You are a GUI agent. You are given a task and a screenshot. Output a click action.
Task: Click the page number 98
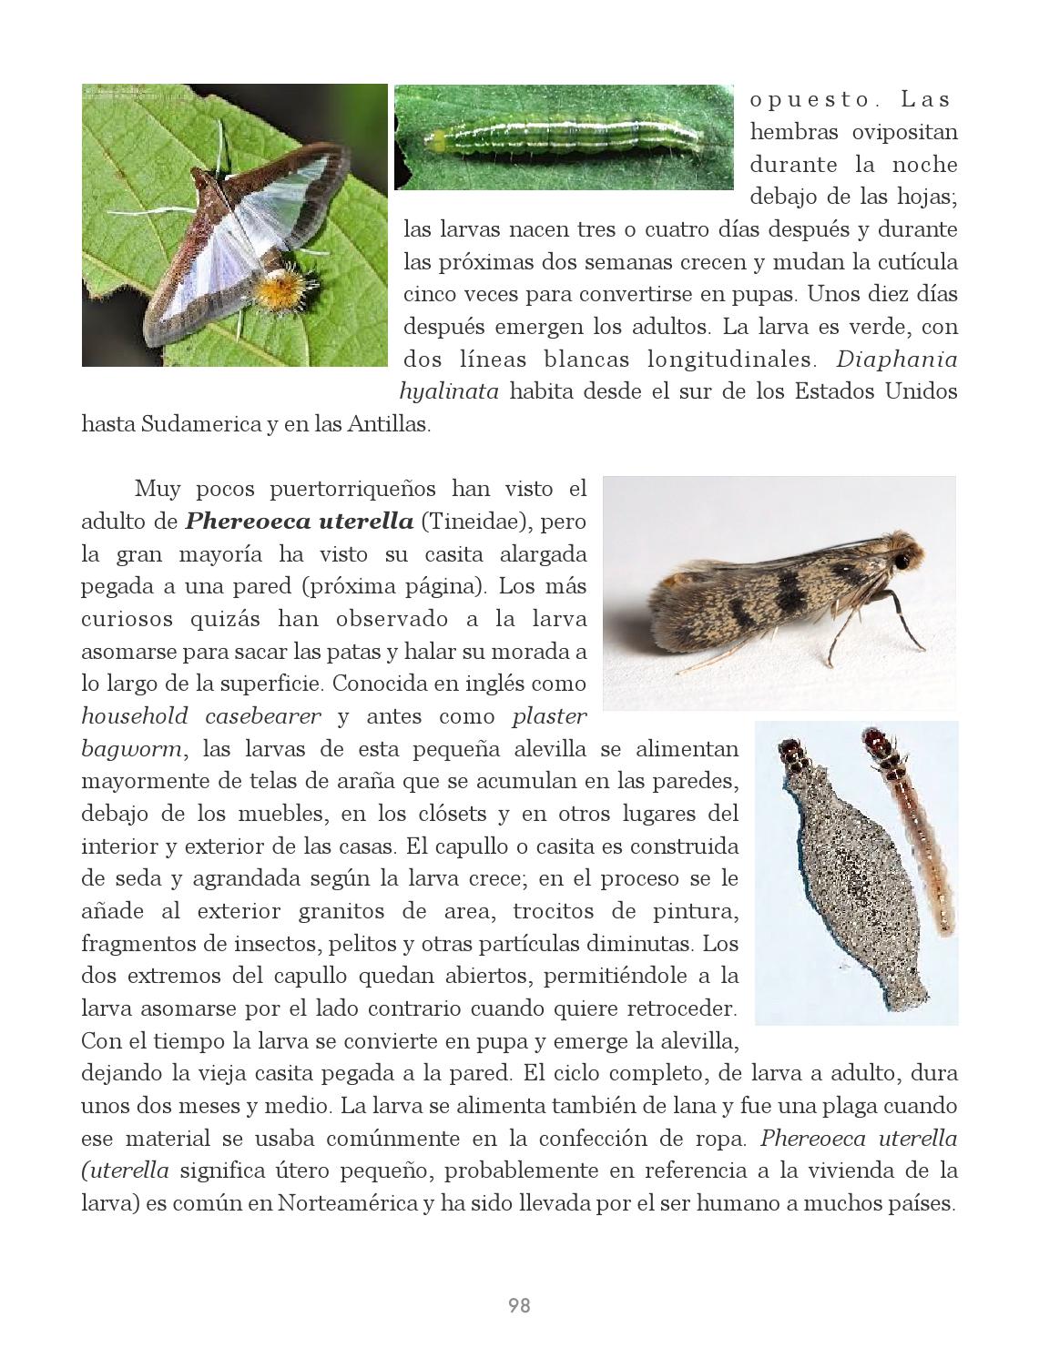[518, 1306]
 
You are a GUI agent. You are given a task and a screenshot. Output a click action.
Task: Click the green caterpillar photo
[563, 137]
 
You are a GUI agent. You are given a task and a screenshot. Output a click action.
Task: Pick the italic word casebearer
[262, 716]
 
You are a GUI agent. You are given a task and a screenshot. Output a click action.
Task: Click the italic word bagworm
[133, 749]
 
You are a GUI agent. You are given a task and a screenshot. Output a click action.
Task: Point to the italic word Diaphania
[896, 360]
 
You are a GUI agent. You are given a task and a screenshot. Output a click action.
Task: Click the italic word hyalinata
[449, 392]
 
